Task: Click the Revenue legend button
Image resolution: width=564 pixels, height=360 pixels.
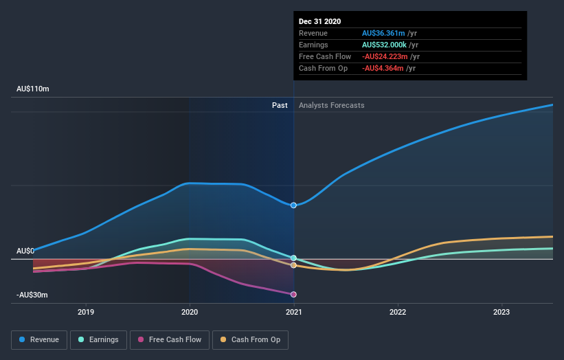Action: click(39, 339)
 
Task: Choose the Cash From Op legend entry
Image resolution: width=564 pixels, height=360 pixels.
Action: click(251, 339)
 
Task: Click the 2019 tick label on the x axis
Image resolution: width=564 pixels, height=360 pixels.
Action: click(86, 312)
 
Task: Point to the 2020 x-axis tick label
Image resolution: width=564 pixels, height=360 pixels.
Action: click(190, 312)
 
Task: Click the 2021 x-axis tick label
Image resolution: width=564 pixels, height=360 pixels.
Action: click(294, 312)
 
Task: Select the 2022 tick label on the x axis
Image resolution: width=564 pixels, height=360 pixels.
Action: click(398, 312)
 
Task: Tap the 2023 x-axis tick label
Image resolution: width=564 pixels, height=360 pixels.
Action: click(501, 312)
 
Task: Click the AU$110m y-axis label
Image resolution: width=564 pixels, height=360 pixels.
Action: click(33, 89)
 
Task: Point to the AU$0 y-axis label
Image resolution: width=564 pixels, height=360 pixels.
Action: click(25, 251)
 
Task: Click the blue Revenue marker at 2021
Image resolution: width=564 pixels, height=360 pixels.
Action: click(294, 205)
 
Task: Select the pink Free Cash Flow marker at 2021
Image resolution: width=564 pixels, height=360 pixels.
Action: click(294, 294)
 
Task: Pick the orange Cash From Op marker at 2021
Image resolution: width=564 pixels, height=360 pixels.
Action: click(294, 265)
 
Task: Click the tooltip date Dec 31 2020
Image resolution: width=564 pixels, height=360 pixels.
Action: click(319, 22)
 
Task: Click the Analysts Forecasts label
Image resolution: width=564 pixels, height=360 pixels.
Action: click(331, 106)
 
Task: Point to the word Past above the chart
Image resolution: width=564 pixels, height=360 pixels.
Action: click(280, 106)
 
